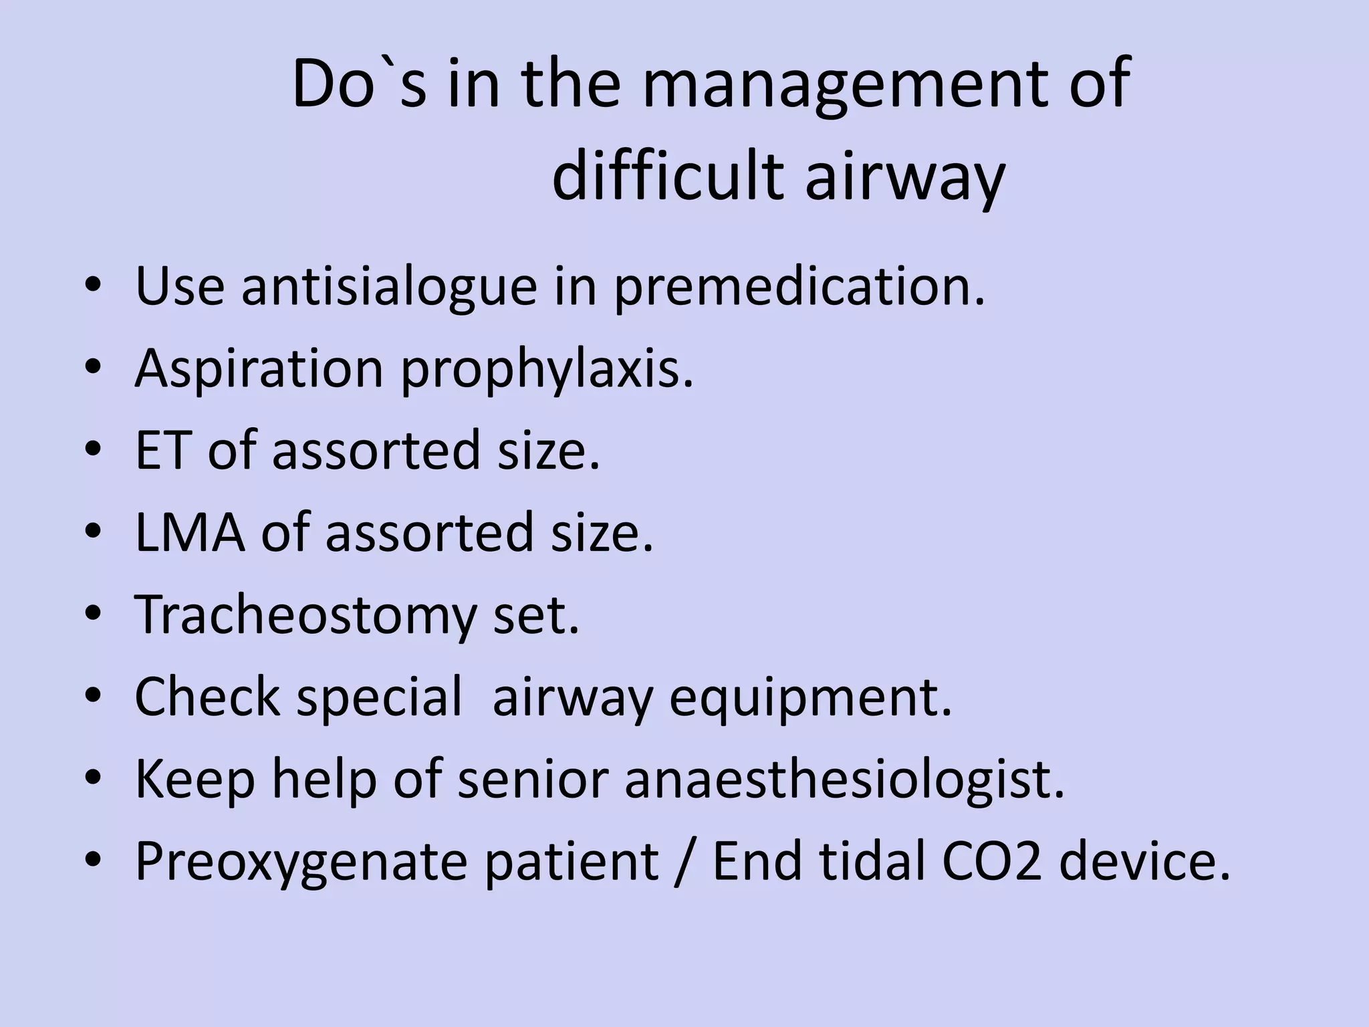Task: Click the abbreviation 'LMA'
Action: (189, 532)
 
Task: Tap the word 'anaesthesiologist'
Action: (844, 780)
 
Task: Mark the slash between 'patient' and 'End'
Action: (684, 861)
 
